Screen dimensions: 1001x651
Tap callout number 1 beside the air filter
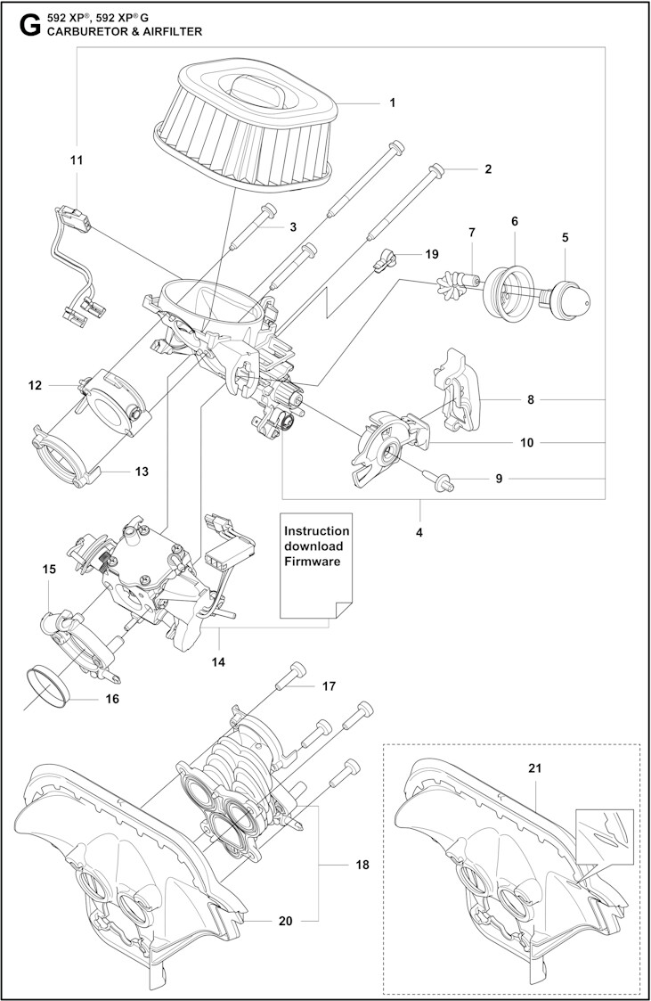click(393, 103)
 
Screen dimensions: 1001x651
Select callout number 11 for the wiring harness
click(77, 160)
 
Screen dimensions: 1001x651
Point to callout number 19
click(432, 254)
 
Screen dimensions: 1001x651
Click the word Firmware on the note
click(313, 562)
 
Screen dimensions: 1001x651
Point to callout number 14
click(218, 661)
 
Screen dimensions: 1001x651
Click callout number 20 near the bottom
click(285, 921)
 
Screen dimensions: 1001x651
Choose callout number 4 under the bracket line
click(419, 532)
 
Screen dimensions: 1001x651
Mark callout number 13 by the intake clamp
click(142, 471)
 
